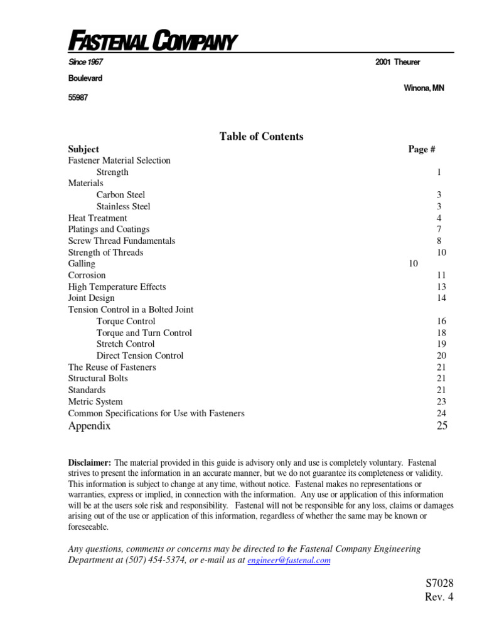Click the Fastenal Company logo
pyautogui.click(x=152, y=42)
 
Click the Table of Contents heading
pyautogui.click(x=261, y=136)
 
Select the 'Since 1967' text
pyautogui.click(x=85, y=62)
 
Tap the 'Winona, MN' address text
pyautogui.click(x=424, y=88)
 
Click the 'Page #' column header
pyautogui.click(x=422, y=149)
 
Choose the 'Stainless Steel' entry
pyautogui.click(x=124, y=206)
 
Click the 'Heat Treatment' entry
pyautogui.click(x=97, y=218)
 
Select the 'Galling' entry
pyautogui.click(x=82, y=264)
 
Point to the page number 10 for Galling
pyautogui.click(x=413, y=264)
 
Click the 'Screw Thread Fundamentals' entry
pyautogui.click(x=122, y=241)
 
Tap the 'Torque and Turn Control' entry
pyautogui.click(x=144, y=333)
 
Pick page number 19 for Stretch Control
pyautogui.click(x=441, y=344)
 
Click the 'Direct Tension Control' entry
pyautogui.click(x=140, y=355)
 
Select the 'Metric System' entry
pyautogui.click(x=95, y=402)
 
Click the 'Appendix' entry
pyautogui.click(x=89, y=426)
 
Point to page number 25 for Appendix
pyautogui.click(x=442, y=426)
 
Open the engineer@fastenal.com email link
pyautogui.click(x=289, y=560)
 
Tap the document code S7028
pyautogui.click(x=439, y=584)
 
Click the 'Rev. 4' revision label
pyautogui.click(x=439, y=597)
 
